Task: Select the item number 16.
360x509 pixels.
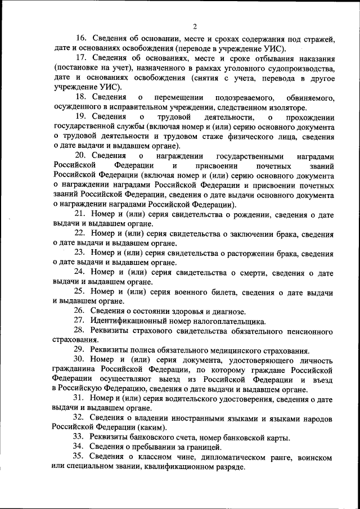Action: (80, 39)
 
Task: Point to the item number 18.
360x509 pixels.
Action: (80, 97)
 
